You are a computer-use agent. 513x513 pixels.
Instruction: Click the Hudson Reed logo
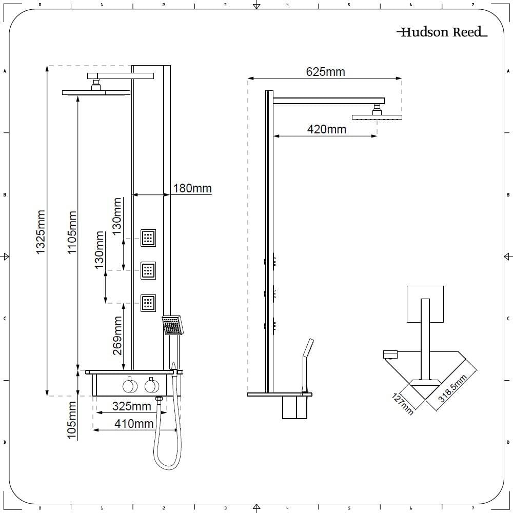(441, 32)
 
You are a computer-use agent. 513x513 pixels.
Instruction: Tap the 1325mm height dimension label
(41, 231)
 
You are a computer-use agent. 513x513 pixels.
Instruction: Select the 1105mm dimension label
(72, 232)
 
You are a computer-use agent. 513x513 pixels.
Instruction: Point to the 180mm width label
(192, 188)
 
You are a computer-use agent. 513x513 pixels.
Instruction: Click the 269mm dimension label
(117, 336)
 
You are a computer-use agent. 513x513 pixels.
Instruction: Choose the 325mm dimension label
(131, 406)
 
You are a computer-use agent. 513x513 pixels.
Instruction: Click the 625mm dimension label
(325, 72)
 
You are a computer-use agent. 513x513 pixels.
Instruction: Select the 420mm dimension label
(326, 129)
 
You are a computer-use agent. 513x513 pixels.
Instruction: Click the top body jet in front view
(149, 238)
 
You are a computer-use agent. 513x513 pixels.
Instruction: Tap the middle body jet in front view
(149, 270)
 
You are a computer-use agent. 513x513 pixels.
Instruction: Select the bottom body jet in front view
(149, 302)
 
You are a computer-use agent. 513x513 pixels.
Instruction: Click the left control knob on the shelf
(129, 385)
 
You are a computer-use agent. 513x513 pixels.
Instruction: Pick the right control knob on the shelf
(151, 385)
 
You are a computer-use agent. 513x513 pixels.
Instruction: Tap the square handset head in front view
(172, 325)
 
